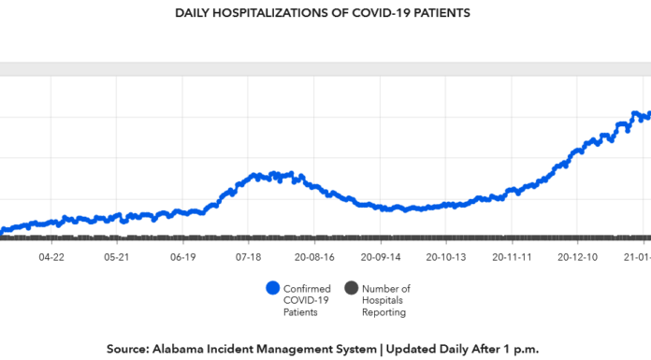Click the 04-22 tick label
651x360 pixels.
pos(51,255)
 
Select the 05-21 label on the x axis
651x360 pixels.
pos(117,255)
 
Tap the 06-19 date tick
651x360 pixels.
pos(183,255)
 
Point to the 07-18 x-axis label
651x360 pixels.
pos(249,255)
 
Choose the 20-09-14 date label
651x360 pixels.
pos(381,255)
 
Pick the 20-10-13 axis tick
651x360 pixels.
pos(446,255)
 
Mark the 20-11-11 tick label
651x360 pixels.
pos(513,255)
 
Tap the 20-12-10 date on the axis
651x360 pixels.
pos(578,255)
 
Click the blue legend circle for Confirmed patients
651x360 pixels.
pos(273,289)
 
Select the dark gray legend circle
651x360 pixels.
pos(353,289)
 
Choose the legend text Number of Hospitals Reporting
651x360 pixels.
pos(384,300)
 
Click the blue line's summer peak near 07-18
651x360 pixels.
pos(273,174)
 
